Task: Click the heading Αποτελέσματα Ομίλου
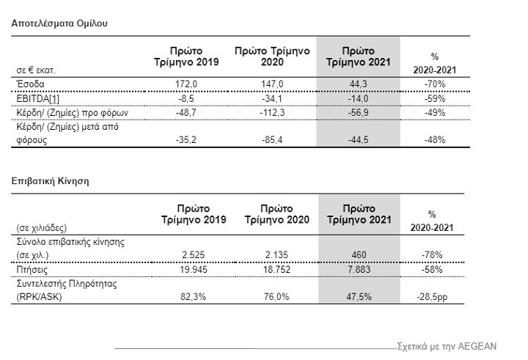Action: coord(59,23)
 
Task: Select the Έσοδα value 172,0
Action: coord(194,84)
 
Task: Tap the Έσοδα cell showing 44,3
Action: coord(359,84)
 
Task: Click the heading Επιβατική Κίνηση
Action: coord(51,180)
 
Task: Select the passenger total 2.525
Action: coord(194,254)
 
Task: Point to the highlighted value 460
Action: coord(359,254)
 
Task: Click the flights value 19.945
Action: coord(194,269)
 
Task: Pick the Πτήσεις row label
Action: coord(32,269)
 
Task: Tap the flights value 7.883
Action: coord(359,269)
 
